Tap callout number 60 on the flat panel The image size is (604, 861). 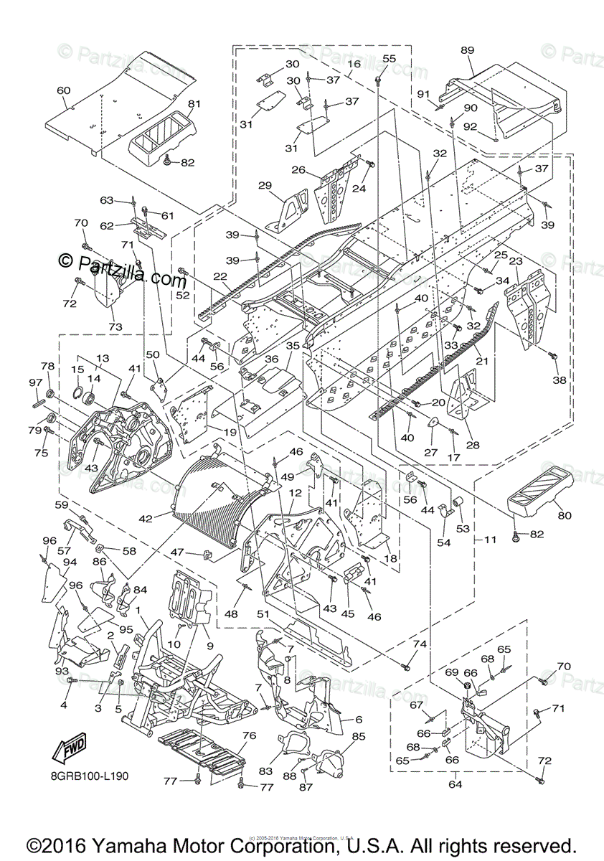63,90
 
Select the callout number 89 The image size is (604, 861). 467,50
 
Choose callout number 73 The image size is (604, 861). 115,327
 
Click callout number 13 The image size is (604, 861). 102,358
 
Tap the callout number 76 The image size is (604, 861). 248,735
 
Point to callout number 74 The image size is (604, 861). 419,644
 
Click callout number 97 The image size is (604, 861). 34,382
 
